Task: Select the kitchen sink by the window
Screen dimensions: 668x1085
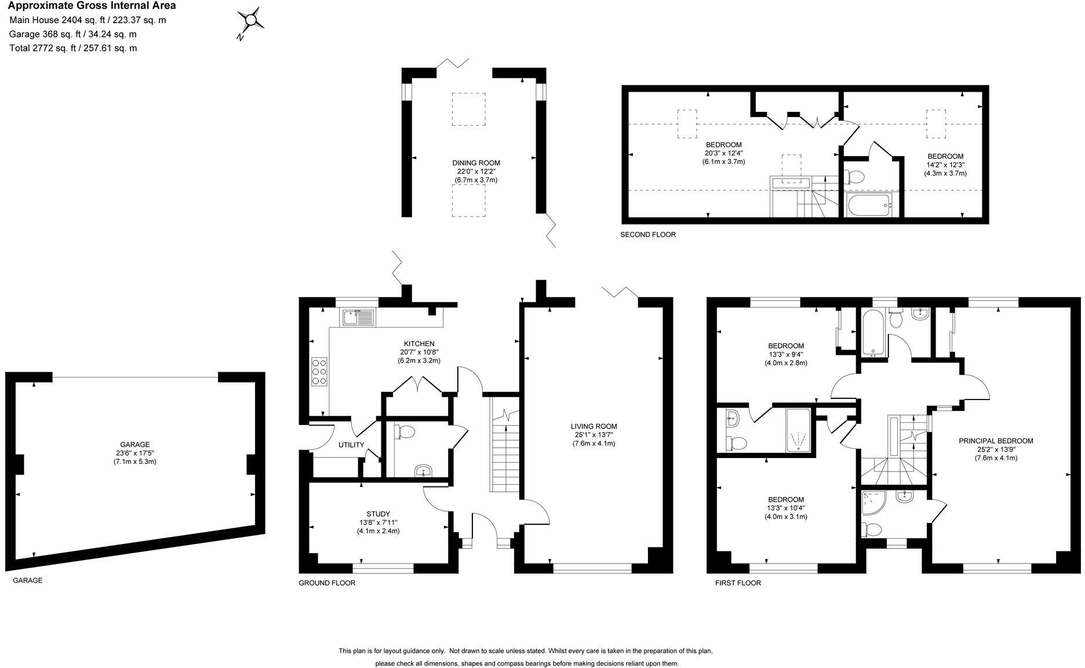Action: (358, 318)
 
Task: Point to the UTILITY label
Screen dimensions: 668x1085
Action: (351, 445)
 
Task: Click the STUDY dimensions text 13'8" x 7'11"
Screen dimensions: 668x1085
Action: (378, 522)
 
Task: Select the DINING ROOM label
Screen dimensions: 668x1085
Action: (476, 163)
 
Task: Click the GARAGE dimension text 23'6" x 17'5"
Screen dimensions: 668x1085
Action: (135, 453)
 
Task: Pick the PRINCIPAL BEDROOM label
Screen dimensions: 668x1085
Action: (996, 441)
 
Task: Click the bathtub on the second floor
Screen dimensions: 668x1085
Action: (868, 205)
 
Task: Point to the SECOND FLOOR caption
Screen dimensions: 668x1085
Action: (648, 235)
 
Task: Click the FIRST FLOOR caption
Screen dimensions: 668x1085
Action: (738, 583)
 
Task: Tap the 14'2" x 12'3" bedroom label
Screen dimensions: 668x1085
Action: (945, 165)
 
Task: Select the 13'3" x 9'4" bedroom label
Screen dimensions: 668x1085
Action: (785, 354)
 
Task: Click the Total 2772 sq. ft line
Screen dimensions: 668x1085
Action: (73, 48)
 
